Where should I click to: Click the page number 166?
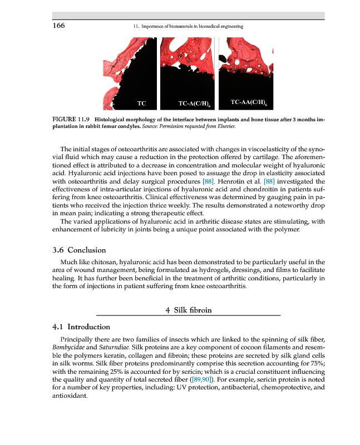58,26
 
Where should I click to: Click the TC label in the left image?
141,103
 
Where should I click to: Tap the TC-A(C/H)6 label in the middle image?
194,103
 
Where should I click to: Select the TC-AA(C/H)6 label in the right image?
248,103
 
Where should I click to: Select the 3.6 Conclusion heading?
79,250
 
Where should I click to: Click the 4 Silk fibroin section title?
189,310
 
